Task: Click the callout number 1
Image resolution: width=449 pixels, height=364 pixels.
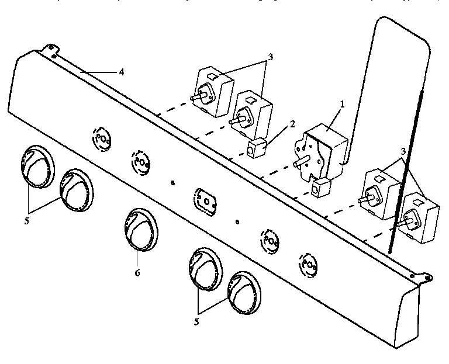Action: click(343, 104)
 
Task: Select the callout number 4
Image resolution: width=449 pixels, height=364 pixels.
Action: click(121, 72)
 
